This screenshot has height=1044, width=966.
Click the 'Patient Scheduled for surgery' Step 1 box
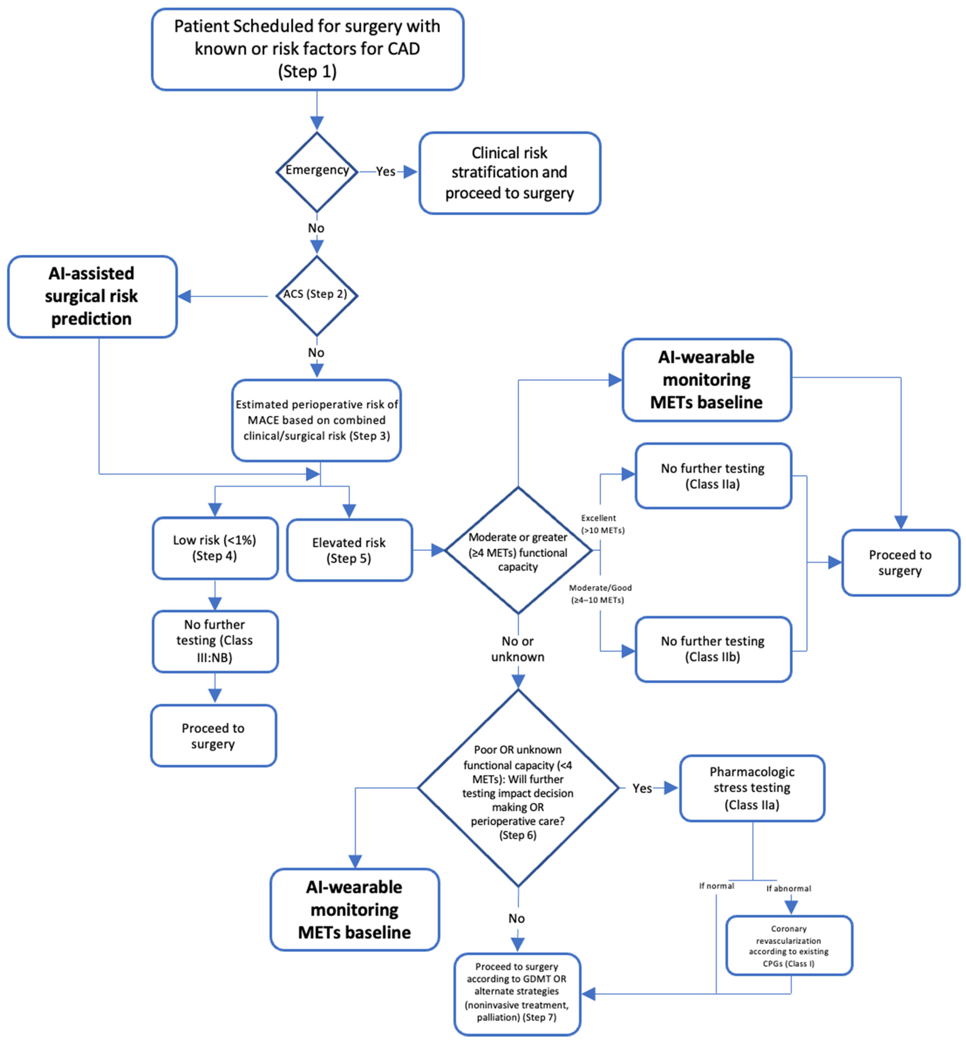pyautogui.click(x=307, y=49)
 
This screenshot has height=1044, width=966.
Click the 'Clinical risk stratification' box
pyautogui.click(x=510, y=173)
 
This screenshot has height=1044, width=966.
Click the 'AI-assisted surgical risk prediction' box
pyautogui.click(x=92, y=296)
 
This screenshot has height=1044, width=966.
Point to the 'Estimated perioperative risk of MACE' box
pyautogui.click(x=316, y=420)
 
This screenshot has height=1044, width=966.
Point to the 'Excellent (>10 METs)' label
pyautogui.click(x=602, y=524)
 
